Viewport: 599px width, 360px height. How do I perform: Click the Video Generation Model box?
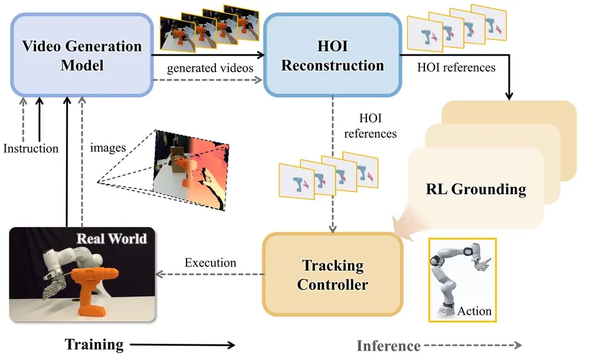pos(82,55)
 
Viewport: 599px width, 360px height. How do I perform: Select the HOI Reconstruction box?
pos(333,55)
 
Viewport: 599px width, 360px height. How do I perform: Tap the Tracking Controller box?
pos(333,275)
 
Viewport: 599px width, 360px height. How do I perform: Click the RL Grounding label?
pos(476,189)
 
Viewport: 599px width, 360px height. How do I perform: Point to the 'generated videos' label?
pos(210,68)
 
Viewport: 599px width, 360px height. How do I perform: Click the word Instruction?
pos(31,148)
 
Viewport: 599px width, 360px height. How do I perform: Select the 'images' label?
pos(108,148)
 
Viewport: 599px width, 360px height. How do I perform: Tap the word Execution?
pos(210,263)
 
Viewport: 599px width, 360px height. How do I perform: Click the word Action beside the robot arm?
pos(474,311)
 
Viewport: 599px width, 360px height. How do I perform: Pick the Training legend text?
pos(94,344)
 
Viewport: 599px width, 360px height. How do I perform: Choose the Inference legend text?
pos(389,346)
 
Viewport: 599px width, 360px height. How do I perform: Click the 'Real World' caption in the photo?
pos(112,238)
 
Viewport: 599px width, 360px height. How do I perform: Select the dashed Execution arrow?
pos(210,274)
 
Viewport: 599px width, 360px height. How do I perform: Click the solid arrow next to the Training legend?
pos(183,345)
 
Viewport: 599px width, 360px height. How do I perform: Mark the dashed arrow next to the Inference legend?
pos(473,345)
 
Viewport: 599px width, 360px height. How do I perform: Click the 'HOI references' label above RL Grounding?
pos(456,67)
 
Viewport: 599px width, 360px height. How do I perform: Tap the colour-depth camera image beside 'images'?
pos(191,170)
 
